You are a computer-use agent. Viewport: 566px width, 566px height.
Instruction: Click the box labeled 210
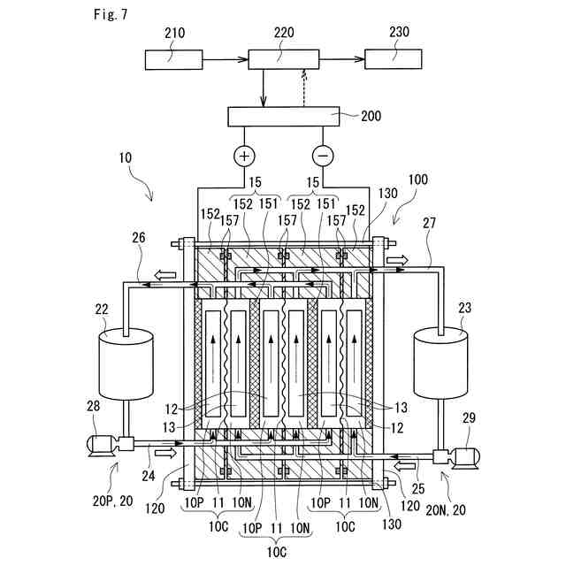point(173,59)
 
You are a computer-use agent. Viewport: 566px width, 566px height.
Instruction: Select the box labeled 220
point(284,59)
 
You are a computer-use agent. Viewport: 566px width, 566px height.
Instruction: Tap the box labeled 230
point(393,59)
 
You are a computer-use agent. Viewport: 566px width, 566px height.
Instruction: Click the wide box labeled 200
point(283,117)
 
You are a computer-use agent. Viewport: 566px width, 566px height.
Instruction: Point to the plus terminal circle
point(244,156)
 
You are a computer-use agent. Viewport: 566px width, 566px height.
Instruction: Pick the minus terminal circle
point(323,156)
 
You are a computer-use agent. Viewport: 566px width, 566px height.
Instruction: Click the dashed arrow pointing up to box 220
point(304,88)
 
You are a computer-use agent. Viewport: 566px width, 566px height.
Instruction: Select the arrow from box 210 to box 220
point(226,59)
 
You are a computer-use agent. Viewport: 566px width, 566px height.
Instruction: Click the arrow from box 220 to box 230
point(342,59)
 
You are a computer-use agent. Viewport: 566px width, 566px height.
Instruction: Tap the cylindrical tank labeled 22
point(126,364)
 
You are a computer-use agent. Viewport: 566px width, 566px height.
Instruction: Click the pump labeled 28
point(111,445)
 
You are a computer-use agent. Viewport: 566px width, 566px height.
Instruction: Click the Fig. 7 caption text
point(111,14)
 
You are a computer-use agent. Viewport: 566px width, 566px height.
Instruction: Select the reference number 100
point(417,180)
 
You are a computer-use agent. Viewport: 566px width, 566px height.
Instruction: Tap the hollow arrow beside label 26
point(165,276)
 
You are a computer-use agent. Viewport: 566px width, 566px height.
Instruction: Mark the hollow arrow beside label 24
point(166,453)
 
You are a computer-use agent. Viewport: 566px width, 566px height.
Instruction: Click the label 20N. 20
point(446,510)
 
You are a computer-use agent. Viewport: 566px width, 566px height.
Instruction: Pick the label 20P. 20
point(112,501)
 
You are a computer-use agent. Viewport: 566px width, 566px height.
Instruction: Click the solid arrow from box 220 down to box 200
point(264,88)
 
